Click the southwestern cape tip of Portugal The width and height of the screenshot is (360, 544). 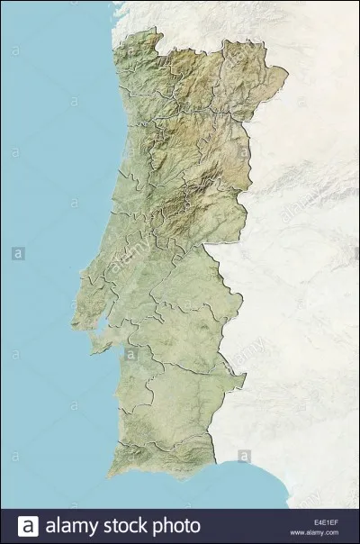tap(109, 471)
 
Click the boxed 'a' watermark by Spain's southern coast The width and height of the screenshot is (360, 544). tap(244, 456)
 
